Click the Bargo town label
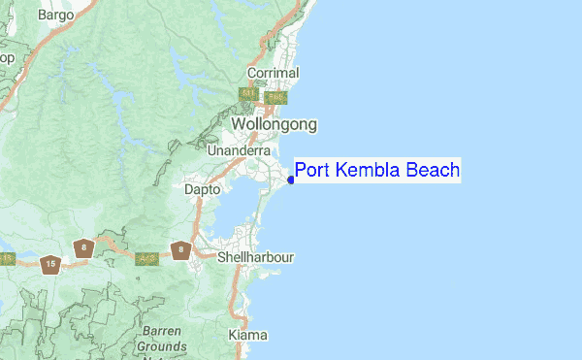tap(55, 15)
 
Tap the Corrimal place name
tap(274, 73)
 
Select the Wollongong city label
tap(274, 125)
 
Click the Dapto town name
tap(203, 190)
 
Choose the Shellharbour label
tap(255, 257)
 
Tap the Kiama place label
tap(247, 335)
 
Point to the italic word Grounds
tap(161, 345)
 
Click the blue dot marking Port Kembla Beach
tap(291, 179)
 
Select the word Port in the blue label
tap(313, 172)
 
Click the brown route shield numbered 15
tap(50, 263)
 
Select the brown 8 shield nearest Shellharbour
tap(179, 250)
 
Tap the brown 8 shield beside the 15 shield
tap(86, 248)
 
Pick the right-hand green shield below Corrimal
tap(275, 97)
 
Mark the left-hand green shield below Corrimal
tap(250, 95)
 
